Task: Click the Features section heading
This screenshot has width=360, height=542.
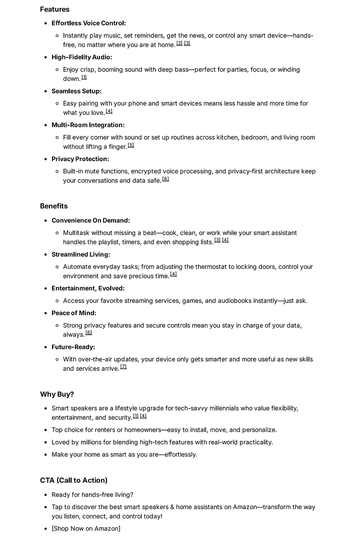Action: (54, 9)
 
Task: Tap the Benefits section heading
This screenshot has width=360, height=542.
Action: (53, 206)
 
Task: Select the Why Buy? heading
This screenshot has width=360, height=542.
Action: (57, 394)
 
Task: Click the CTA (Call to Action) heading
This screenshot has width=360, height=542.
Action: (73, 480)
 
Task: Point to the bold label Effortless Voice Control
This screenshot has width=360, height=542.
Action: (88, 23)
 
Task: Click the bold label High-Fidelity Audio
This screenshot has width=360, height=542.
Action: (81, 57)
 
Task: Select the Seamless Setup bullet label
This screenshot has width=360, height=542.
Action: (76, 91)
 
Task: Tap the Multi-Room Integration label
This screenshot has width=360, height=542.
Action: (88, 125)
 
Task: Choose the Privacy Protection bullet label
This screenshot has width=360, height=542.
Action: (80, 159)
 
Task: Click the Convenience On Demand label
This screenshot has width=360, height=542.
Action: (90, 220)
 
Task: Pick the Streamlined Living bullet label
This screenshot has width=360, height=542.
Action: (80, 254)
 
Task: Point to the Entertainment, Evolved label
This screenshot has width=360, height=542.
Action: (88, 288)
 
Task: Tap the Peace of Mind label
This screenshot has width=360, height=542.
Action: (74, 313)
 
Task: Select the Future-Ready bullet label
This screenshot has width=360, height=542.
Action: (73, 347)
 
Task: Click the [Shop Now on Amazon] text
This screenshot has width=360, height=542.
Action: (86, 529)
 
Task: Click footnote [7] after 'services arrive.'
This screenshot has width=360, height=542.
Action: (123, 367)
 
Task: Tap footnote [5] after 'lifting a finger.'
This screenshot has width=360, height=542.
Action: (131, 145)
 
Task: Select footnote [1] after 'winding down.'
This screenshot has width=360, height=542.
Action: (84, 77)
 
